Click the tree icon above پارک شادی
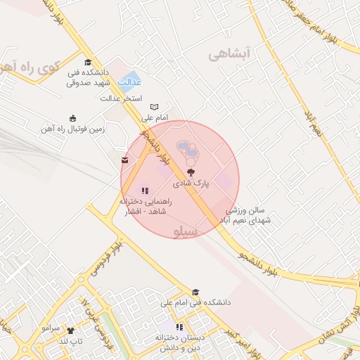[x=191, y=172]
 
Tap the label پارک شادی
[x=192, y=184]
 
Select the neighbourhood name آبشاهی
[x=229, y=53]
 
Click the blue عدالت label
[x=130, y=82]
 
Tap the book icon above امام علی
[x=154, y=107]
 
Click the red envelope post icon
[x=125, y=160]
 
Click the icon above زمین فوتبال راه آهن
[x=72, y=118]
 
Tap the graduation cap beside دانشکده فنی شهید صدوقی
[x=88, y=62]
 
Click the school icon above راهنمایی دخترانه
[x=145, y=190]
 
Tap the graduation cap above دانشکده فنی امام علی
[x=196, y=292]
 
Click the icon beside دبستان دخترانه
[x=179, y=327]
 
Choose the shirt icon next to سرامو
[x=70, y=330]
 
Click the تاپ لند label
[x=71, y=341]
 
